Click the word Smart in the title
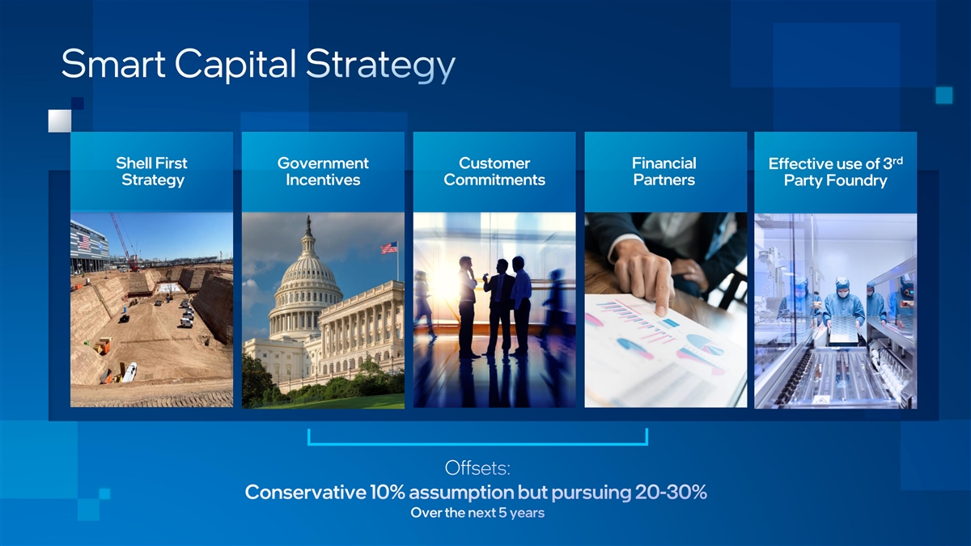tap(113, 64)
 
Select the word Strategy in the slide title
tap(380, 66)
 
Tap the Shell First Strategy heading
tap(152, 171)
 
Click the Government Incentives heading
tap(323, 171)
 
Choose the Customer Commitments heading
tap(494, 171)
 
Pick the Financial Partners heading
tap(664, 171)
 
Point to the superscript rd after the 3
tap(897, 160)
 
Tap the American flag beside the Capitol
tap(389, 248)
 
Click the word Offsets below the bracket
tap(477, 468)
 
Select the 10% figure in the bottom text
tap(387, 493)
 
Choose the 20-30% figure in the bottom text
tap(671, 493)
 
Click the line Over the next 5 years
tap(477, 513)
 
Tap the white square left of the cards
tap(60, 121)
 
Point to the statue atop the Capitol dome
tap(308, 224)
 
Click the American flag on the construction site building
tap(84, 242)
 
